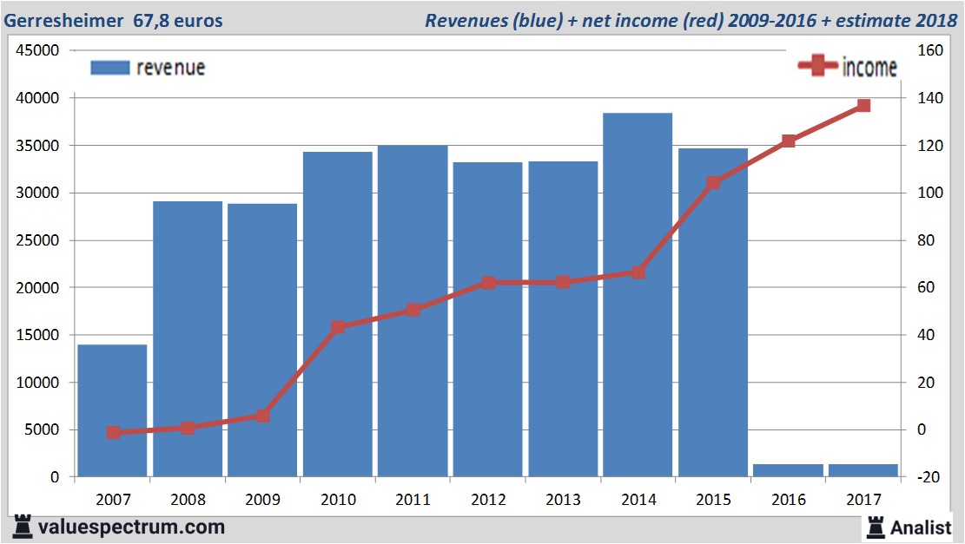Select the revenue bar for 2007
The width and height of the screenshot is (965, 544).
(112, 410)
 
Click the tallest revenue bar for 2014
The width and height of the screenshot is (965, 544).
(638, 295)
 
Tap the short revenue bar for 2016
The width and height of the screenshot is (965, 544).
(788, 470)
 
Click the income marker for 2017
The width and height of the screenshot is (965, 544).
(863, 106)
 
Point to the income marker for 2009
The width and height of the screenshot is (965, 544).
(263, 416)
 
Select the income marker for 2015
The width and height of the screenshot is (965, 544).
(713, 183)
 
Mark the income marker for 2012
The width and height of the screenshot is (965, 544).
(488, 283)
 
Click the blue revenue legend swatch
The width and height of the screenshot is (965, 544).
(109, 68)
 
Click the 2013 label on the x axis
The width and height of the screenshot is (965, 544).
(563, 500)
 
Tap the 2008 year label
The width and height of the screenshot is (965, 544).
(188, 500)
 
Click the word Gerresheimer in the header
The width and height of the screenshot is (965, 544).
(63, 20)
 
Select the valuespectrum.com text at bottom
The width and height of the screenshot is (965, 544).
(131, 527)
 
